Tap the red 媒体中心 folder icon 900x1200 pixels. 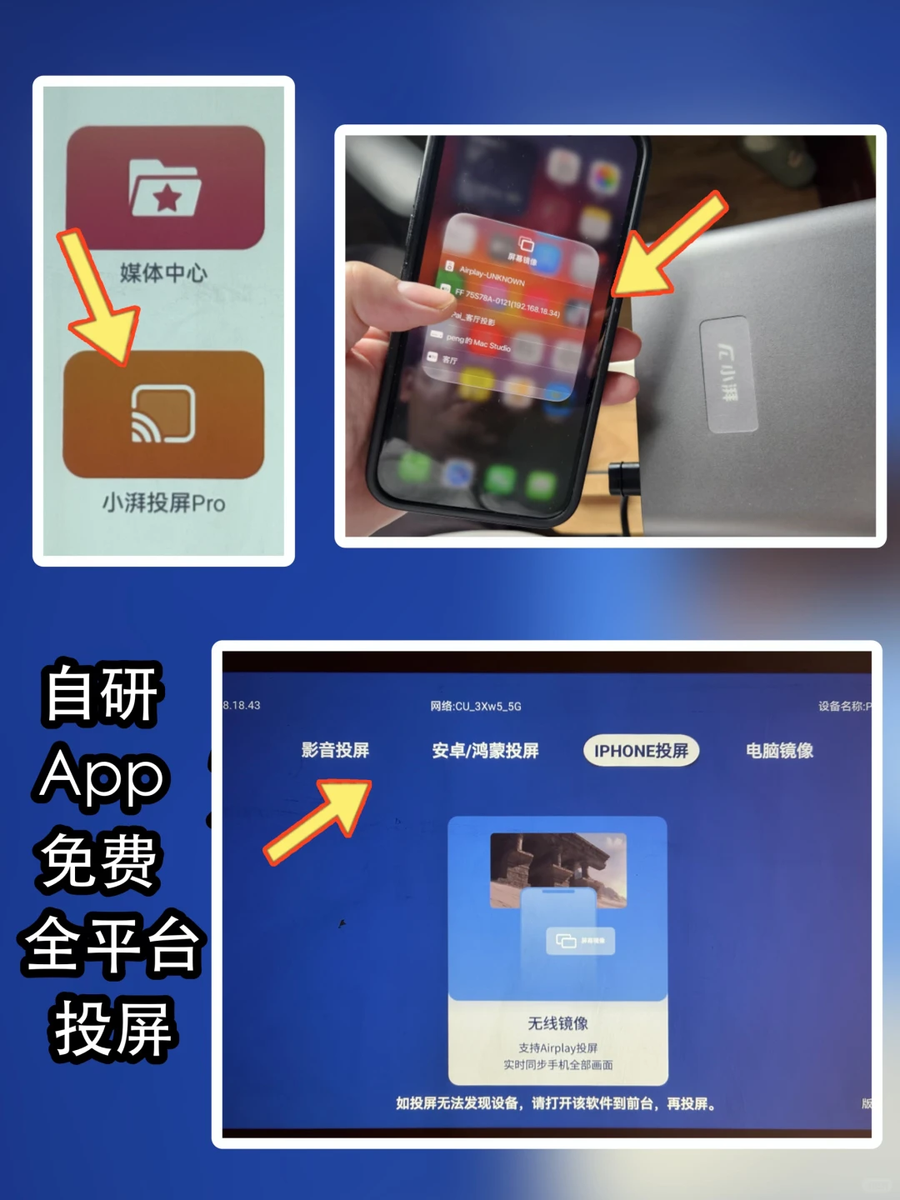[166, 187]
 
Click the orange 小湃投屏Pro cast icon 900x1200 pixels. [163, 414]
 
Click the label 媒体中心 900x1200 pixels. [163, 272]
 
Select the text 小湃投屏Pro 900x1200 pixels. [163, 503]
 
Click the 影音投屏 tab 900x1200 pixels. [335, 750]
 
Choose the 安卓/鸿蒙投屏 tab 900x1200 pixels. [485, 751]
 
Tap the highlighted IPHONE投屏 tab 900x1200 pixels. [641, 751]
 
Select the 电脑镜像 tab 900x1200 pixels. [779, 751]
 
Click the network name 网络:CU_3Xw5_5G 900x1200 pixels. [476, 707]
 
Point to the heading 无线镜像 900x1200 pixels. [557, 1023]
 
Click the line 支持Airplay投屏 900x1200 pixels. [557, 1047]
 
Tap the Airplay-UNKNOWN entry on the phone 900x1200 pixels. [492, 276]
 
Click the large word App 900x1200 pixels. [102, 777]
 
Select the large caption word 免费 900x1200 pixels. [99, 862]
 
